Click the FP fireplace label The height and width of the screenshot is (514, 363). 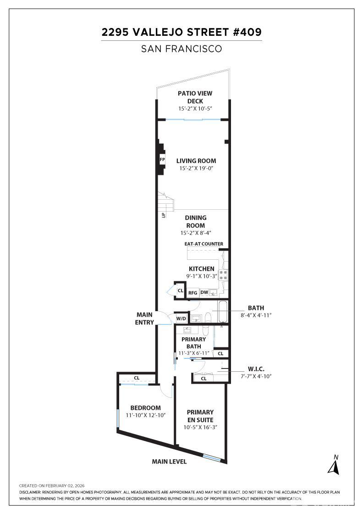[162, 159]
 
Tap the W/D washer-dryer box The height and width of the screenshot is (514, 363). [181, 318]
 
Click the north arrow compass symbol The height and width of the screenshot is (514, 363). [333, 465]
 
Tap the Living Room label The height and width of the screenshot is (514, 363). [196, 161]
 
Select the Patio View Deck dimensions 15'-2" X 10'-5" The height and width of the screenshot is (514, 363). [195, 109]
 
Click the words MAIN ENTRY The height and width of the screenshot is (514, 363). [144, 318]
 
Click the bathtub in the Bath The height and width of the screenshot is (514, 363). [223, 312]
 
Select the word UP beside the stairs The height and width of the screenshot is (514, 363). [163, 214]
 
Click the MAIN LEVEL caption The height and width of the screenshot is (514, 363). [169, 461]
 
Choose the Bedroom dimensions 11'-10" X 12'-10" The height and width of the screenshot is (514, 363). [145, 415]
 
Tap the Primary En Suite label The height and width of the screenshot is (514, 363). [200, 416]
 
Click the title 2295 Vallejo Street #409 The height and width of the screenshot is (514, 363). [181, 33]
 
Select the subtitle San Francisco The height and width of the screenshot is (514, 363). [181, 49]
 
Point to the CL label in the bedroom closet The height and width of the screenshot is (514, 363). [137, 378]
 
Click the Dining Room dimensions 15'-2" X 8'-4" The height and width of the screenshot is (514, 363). [196, 233]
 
